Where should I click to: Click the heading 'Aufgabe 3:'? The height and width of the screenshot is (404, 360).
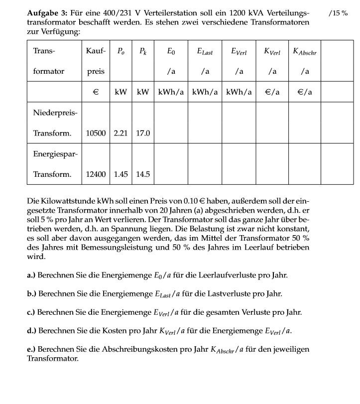pyautogui.click(x=45, y=12)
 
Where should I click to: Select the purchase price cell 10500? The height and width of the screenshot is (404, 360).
pyautogui.click(x=96, y=134)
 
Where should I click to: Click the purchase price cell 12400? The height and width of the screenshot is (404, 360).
pyautogui.click(x=96, y=174)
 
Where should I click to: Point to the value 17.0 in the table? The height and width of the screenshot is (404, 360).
pyautogui.click(x=143, y=134)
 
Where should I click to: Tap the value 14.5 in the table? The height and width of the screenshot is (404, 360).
pyautogui.click(x=143, y=174)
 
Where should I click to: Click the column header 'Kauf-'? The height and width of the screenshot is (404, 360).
pyautogui.click(x=96, y=51)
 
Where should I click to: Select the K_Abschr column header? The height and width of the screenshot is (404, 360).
pyautogui.click(x=305, y=51)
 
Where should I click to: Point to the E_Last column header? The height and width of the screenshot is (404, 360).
pyautogui.click(x=205, y=51)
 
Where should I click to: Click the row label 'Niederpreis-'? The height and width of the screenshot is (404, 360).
pyautogui.click(x=55, y=113)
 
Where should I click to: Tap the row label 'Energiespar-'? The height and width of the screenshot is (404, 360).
pyautogui.click(x=55, y=154)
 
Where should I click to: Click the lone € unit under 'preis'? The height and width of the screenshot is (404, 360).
pyautogui.click(x=96, y=92)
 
